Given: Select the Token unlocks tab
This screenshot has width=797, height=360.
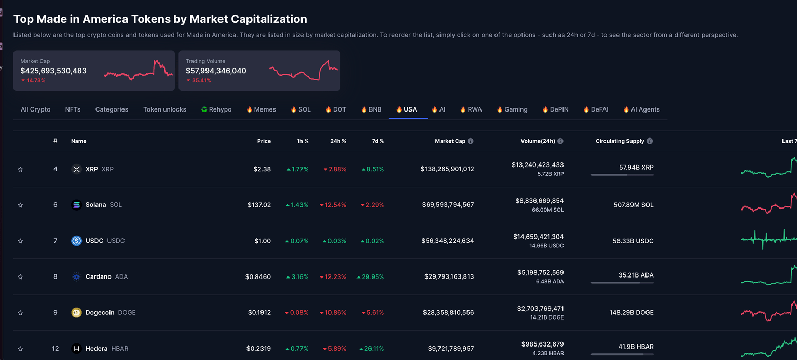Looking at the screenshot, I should pyautogui.click(x=164, y=109).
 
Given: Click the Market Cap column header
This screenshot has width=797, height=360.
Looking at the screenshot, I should pyautogui.click(x=450, y=141).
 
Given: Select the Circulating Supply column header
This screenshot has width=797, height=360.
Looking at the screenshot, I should pyautogui.click(x=620, y=141).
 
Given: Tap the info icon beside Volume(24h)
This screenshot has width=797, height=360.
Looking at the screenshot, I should pyautogui.click(x=560, y=141).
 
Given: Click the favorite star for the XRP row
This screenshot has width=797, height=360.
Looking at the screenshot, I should pyautogui.click(x=20, y=169).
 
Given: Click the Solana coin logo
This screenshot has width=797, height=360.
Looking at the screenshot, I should pyautogui.click(x=76, y=205).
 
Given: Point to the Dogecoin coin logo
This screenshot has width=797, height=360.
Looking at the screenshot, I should pyautogui.click(x=76, y=313).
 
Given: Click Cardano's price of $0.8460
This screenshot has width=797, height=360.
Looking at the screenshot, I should pyautogui.click(x=258, y=277).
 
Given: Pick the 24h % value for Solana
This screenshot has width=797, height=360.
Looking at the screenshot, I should pyautogui.click(x=333, y=205).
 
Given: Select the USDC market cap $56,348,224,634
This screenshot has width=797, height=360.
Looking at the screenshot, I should pyautogui.click(x=448, y=241).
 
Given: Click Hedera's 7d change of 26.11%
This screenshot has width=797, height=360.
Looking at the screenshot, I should pyautogui.click(x=373, y=349).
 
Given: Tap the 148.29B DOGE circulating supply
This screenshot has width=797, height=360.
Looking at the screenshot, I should pyautogui.click(x=631, y=313).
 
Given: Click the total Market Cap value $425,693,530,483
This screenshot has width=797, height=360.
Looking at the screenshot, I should pyautogui.click(x=53, y=71).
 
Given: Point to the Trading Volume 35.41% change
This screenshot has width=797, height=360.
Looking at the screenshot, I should pyautogui.click(x=201, y=81).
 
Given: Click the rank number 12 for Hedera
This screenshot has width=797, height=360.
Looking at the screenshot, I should pyautogui.click(x=56, y=349).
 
